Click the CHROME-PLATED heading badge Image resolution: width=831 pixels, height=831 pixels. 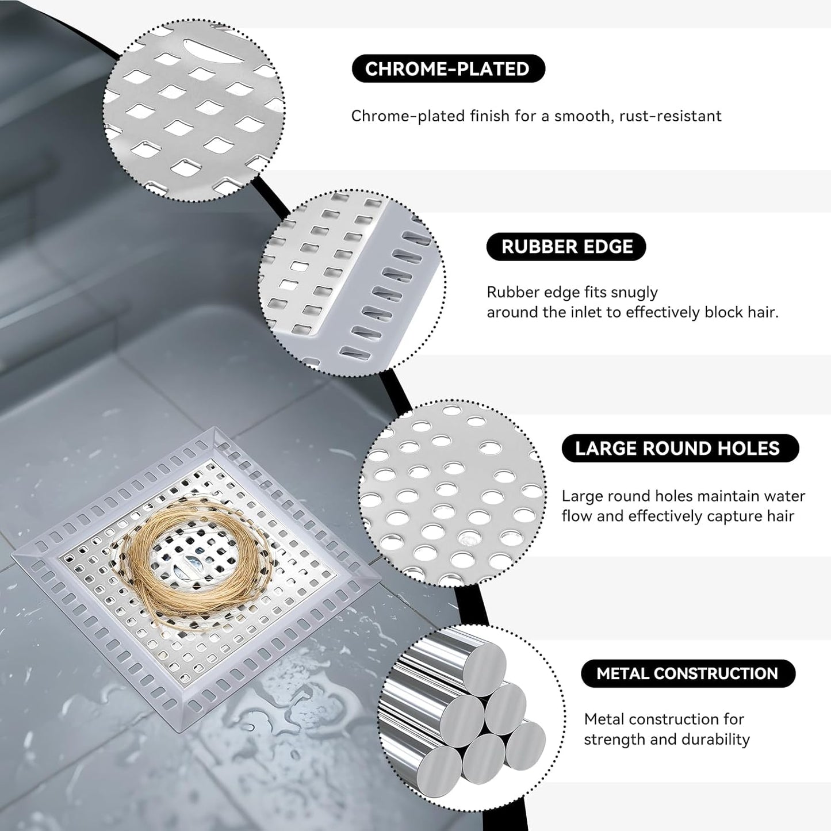click(x=447, y=69)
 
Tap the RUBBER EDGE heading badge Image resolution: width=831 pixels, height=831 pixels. click(x=566, y=247)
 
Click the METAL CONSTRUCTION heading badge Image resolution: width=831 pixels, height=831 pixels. click(x=687, y=673)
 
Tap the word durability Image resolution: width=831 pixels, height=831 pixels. click(x=718, y=740)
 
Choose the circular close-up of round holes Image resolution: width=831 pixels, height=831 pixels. click(x=452, y=493)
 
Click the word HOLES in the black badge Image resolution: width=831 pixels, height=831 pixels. click(x=748, y=449)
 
